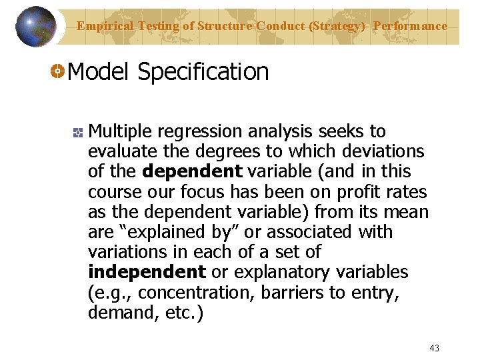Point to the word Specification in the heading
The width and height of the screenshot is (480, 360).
[x=203, y=72]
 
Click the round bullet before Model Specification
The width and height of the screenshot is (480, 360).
[x=58, y=71]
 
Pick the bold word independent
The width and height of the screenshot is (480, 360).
[x=147, y=272]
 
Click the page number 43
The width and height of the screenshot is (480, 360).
[x=435, y=348]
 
